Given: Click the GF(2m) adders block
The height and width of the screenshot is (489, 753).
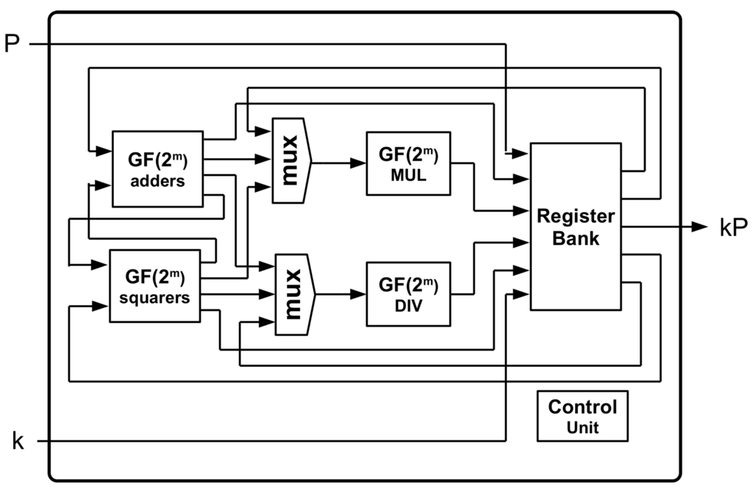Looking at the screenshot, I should tap(157, 169).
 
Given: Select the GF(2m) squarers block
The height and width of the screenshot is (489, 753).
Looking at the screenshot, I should tap(154, 286).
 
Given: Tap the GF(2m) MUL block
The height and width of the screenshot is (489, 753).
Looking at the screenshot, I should tap(408, 163).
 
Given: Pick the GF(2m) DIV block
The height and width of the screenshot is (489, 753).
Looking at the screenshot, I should tap(408, 293).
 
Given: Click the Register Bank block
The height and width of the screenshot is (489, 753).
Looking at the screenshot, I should tap(575, 226).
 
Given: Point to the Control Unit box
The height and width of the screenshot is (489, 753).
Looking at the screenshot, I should tap(582, 416).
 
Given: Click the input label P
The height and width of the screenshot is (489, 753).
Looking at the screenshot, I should tap(12, 43).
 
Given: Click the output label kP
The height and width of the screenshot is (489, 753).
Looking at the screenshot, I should tap(732, 227).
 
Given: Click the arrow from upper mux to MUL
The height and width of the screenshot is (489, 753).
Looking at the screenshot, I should tap(338, 163).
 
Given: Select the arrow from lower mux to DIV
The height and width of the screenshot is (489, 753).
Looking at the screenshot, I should tap(340, 294).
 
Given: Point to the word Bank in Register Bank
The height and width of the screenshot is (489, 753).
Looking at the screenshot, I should tap(576, 238).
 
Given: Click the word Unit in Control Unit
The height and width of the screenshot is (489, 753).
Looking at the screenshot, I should tap(582, 427).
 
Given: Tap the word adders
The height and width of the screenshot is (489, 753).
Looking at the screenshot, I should tap(157, 181).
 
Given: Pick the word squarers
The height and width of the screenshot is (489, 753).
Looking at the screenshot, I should tap(154, 299).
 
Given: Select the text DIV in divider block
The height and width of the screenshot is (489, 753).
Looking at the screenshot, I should tap(408, 305).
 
